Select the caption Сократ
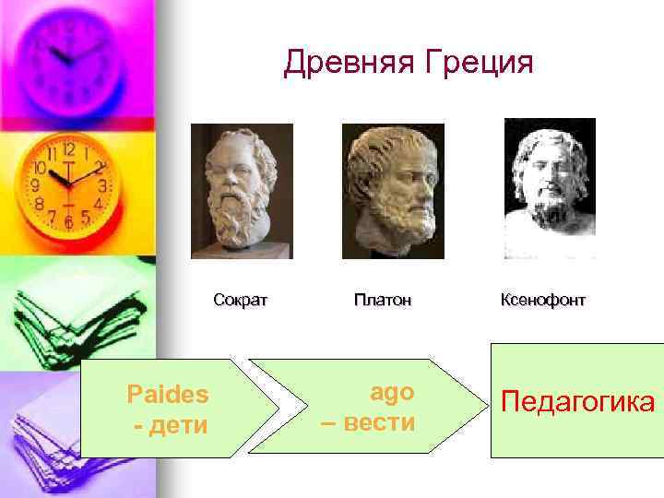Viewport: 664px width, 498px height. pos(240,300)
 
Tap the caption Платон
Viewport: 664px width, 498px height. pos(382,300)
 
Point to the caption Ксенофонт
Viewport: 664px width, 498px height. pos(542,300)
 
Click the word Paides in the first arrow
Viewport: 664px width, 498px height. pos(168,395)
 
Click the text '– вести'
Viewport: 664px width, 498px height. pos(380,422)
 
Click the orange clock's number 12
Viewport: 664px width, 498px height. pos(68,148)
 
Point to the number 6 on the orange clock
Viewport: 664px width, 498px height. pos(67,222)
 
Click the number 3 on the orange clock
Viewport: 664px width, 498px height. pos(102,185)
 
